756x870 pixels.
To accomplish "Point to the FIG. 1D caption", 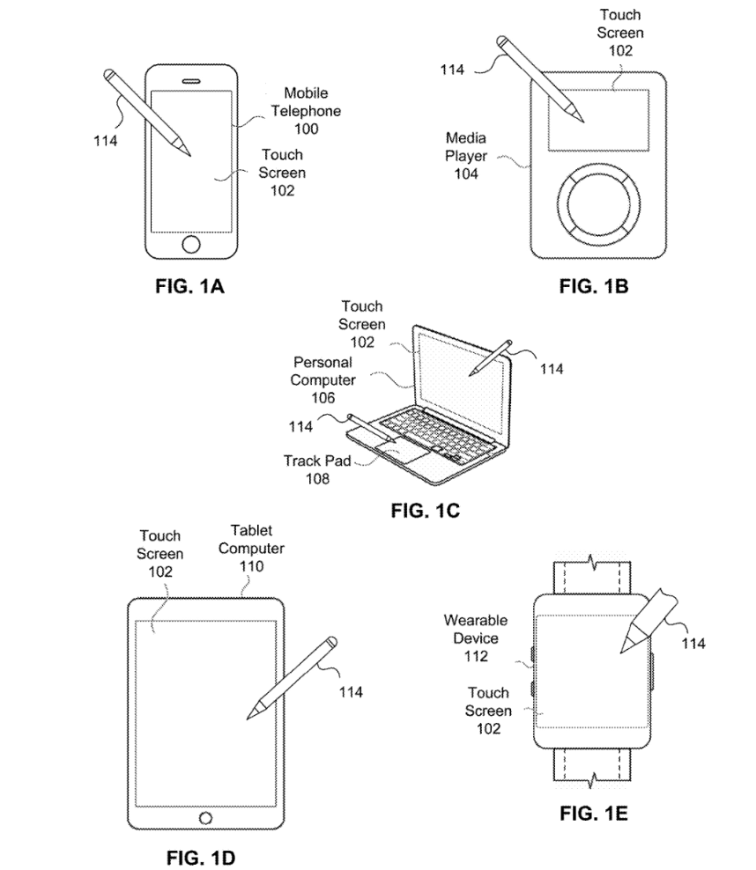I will point(203,857).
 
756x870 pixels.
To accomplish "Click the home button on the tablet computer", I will point(206,818).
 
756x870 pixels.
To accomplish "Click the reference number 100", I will point(308,129).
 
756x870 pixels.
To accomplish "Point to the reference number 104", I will point(466,173).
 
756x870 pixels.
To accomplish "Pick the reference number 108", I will point(318,479).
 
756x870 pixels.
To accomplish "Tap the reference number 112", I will point(471,656).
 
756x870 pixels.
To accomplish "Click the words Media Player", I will point(466,147).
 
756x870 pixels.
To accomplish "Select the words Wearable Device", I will point(471,630).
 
